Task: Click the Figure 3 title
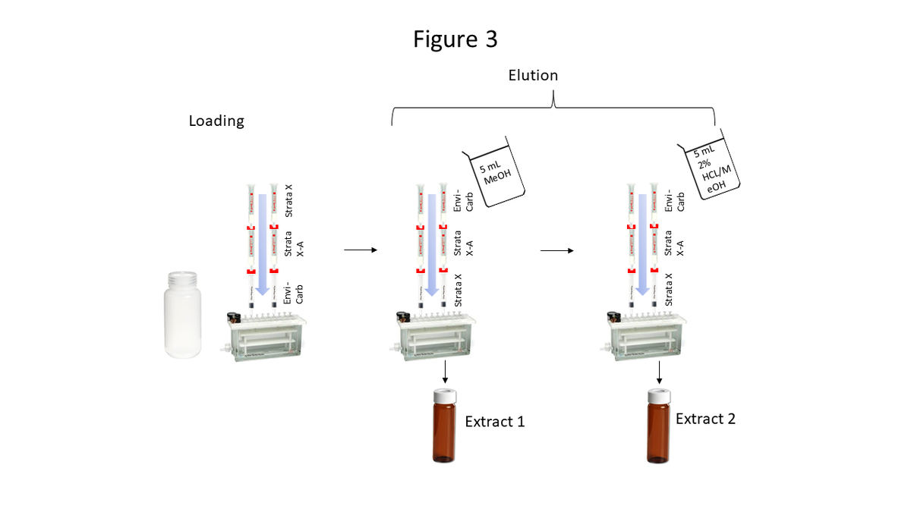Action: (455, 39)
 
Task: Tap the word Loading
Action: (216, 121)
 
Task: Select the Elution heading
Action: (533, 75)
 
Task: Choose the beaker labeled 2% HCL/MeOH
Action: (711, 172)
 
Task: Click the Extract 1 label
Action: (494, 422)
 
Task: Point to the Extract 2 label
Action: (705, 418)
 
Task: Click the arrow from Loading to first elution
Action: (361, 249)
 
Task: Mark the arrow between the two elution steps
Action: (556, 249)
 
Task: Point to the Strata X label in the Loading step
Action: (288, 202)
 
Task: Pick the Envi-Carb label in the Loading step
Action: (293, 291)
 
